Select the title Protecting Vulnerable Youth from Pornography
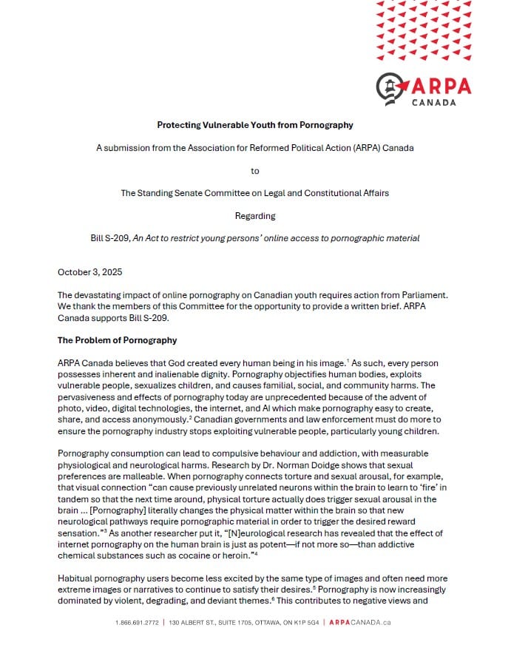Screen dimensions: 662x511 point(255,125)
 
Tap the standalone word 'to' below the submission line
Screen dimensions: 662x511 point(255,171)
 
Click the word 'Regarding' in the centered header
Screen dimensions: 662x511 point(255,216)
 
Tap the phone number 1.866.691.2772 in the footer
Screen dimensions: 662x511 point(138,622)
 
